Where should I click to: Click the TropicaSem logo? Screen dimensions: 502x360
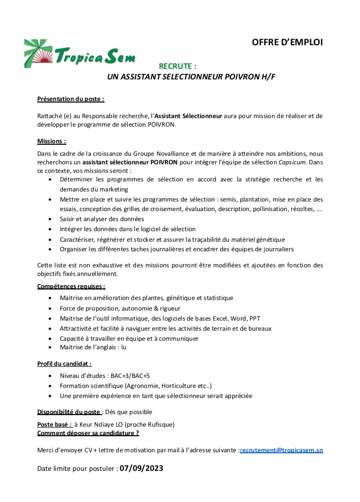click(79, 54)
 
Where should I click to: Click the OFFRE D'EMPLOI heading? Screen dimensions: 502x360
click(287, 42)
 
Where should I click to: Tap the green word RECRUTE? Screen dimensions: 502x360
click(177, 66)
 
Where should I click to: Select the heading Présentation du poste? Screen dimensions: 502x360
click(70, 99)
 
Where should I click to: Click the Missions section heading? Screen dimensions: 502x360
click(52, 141)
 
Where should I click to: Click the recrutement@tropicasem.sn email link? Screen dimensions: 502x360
click(282, 450)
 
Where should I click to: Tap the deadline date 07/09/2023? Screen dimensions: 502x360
click(141, 468)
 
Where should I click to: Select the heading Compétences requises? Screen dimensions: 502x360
click(71, 286)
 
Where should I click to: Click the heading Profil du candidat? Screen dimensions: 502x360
click(64, 363)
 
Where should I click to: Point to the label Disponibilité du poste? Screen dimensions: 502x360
click(69, 412)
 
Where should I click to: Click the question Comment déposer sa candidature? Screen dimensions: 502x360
click(88, 433)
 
